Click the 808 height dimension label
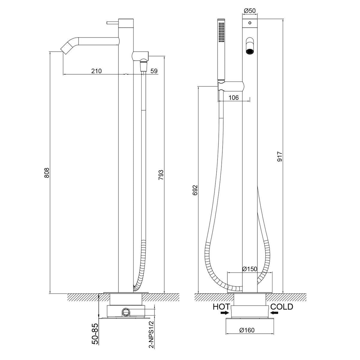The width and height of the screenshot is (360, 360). [x=47, y=172]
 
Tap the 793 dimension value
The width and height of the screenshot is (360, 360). [x=161, y=175]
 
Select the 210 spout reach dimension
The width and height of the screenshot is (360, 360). [x=96, y=71]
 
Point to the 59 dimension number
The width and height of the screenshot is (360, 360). [x=154, y=71]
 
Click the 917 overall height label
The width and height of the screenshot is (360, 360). [x=280, y=157]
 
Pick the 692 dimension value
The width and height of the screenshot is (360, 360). [x=195, y=190]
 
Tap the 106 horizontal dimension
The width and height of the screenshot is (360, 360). [x=233, y=97]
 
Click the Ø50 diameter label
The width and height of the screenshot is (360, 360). [x=250, y=11]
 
